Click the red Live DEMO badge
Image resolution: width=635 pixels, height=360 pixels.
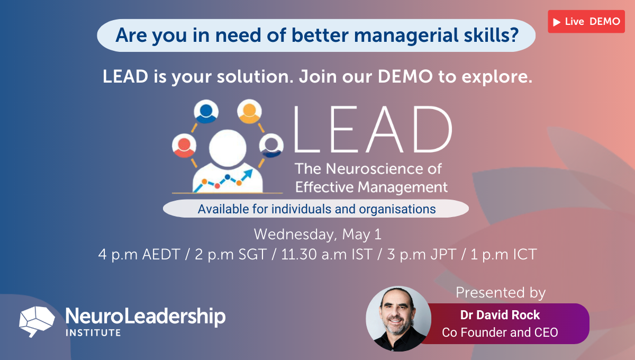586,22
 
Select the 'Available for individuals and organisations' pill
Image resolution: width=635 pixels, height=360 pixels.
316,209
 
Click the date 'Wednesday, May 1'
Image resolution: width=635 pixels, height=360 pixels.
317,233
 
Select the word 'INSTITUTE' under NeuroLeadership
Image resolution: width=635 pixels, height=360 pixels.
93,332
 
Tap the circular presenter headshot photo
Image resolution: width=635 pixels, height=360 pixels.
398,319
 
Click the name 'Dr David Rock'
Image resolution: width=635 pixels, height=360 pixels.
500,315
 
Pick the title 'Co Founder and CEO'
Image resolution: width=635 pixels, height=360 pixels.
500,332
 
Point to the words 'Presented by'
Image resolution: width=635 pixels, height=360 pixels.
500,292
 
